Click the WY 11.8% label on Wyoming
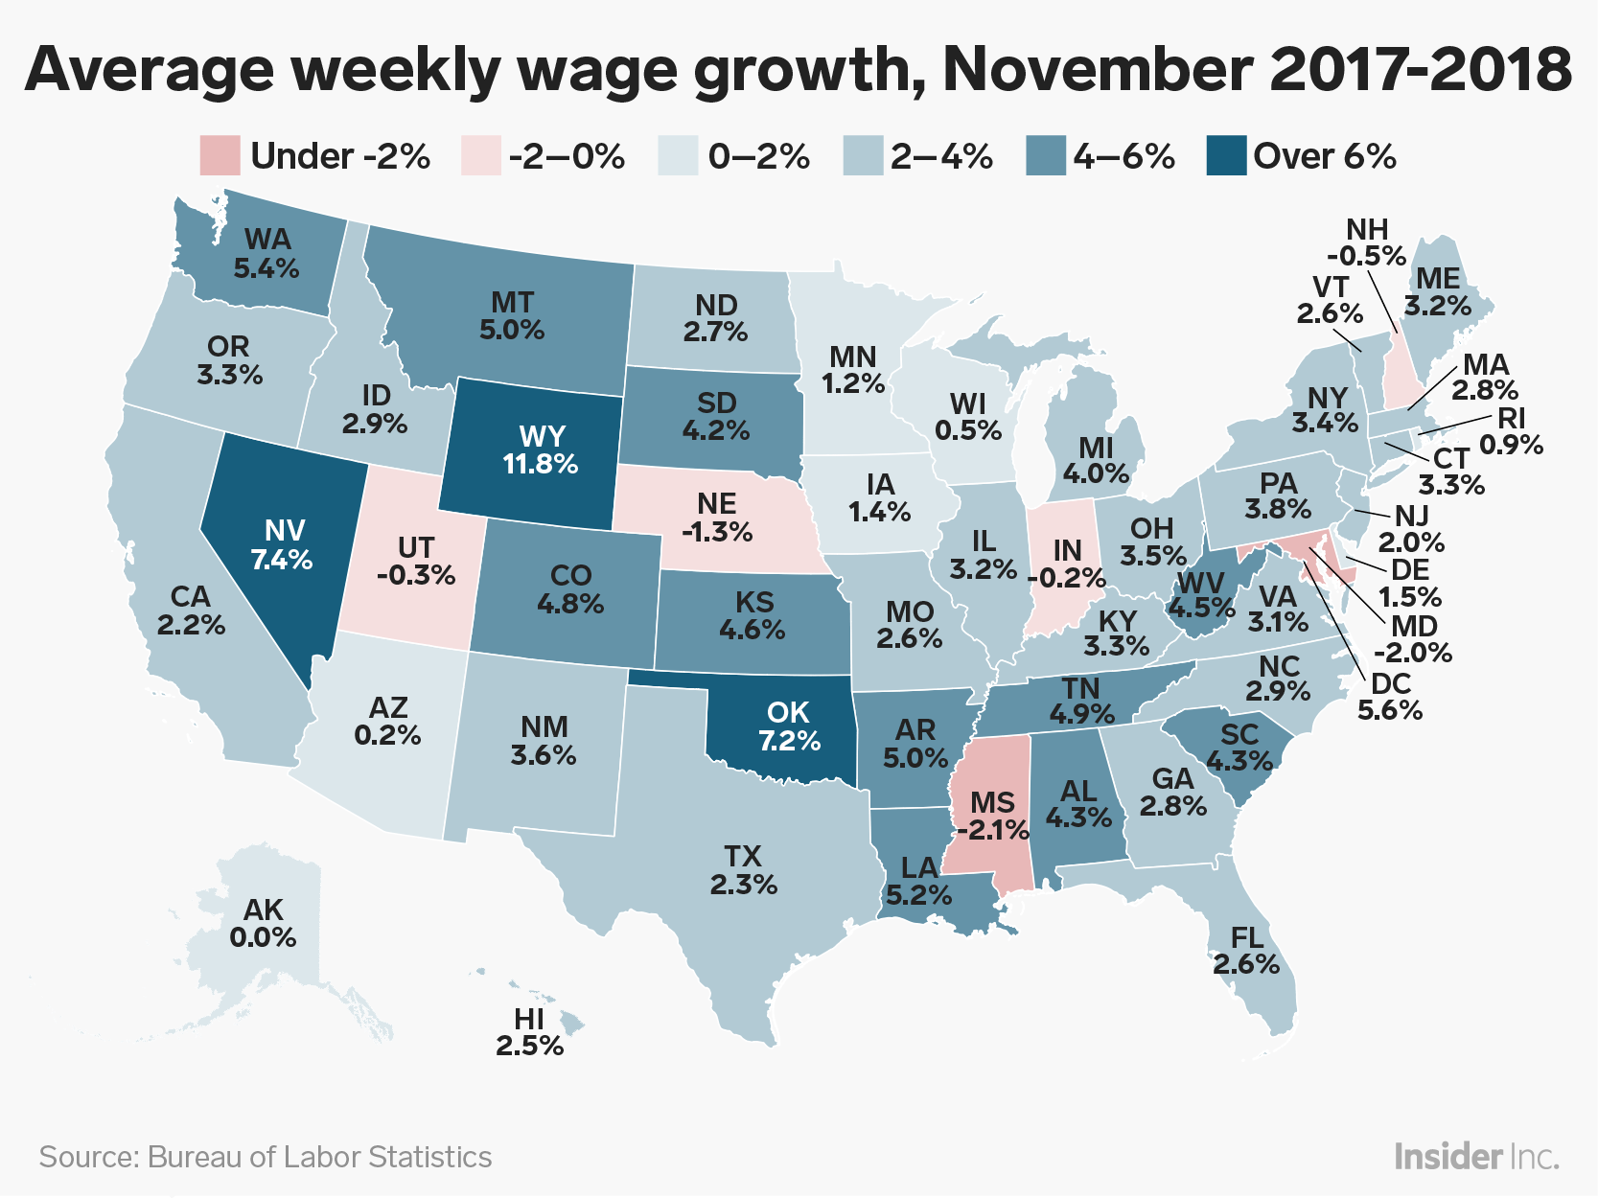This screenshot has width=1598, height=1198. (x=541, y=449)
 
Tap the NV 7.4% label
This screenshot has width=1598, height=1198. (x=282, y=545)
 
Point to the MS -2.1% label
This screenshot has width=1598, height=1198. (x=993, y=816)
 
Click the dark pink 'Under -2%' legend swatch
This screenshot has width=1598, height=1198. (x=220, y=155)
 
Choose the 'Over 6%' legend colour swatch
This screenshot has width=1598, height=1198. (x=1226, y=155)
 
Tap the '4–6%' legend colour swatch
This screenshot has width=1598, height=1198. (x=1046, y=155)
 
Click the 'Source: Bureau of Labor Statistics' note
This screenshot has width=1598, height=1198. (x=265, y=1157)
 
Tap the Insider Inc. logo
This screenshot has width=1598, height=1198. (x=1476, y=1157)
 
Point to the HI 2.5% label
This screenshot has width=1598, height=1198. (x=529, y=1033)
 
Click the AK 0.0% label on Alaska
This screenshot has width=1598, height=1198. (x=263, y=924)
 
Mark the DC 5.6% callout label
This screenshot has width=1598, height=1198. (x=1390, y=697)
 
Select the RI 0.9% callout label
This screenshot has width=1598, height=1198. (x=1512, y=431)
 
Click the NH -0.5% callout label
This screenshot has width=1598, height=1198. (x=1366, y=242)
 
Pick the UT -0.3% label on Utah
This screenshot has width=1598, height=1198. (x=416, y=562)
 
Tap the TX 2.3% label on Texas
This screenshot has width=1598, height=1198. (x=743, y=870)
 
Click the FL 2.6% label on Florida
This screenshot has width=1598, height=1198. (x=1245, y=951)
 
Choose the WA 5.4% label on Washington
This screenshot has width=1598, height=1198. (x=266, y=254)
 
